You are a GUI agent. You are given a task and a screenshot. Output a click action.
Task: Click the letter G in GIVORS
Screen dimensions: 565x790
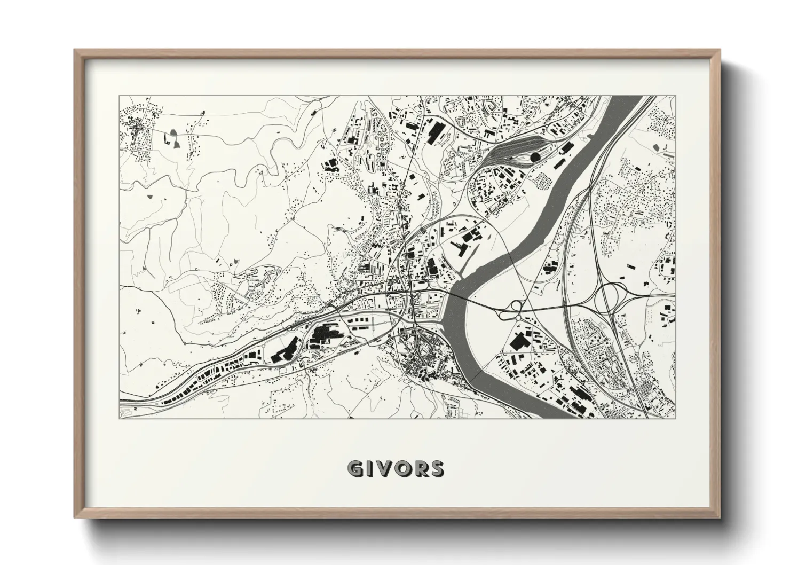coord(354,469)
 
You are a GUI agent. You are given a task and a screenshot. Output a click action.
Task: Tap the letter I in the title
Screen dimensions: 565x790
coord(368,469)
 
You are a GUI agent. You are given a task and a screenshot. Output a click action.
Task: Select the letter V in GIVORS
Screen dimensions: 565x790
coord(382,469)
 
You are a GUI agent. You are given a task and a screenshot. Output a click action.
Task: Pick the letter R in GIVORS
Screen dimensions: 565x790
coord(420,469)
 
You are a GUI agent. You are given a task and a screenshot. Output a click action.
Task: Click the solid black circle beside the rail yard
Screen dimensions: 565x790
coord(534,157)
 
